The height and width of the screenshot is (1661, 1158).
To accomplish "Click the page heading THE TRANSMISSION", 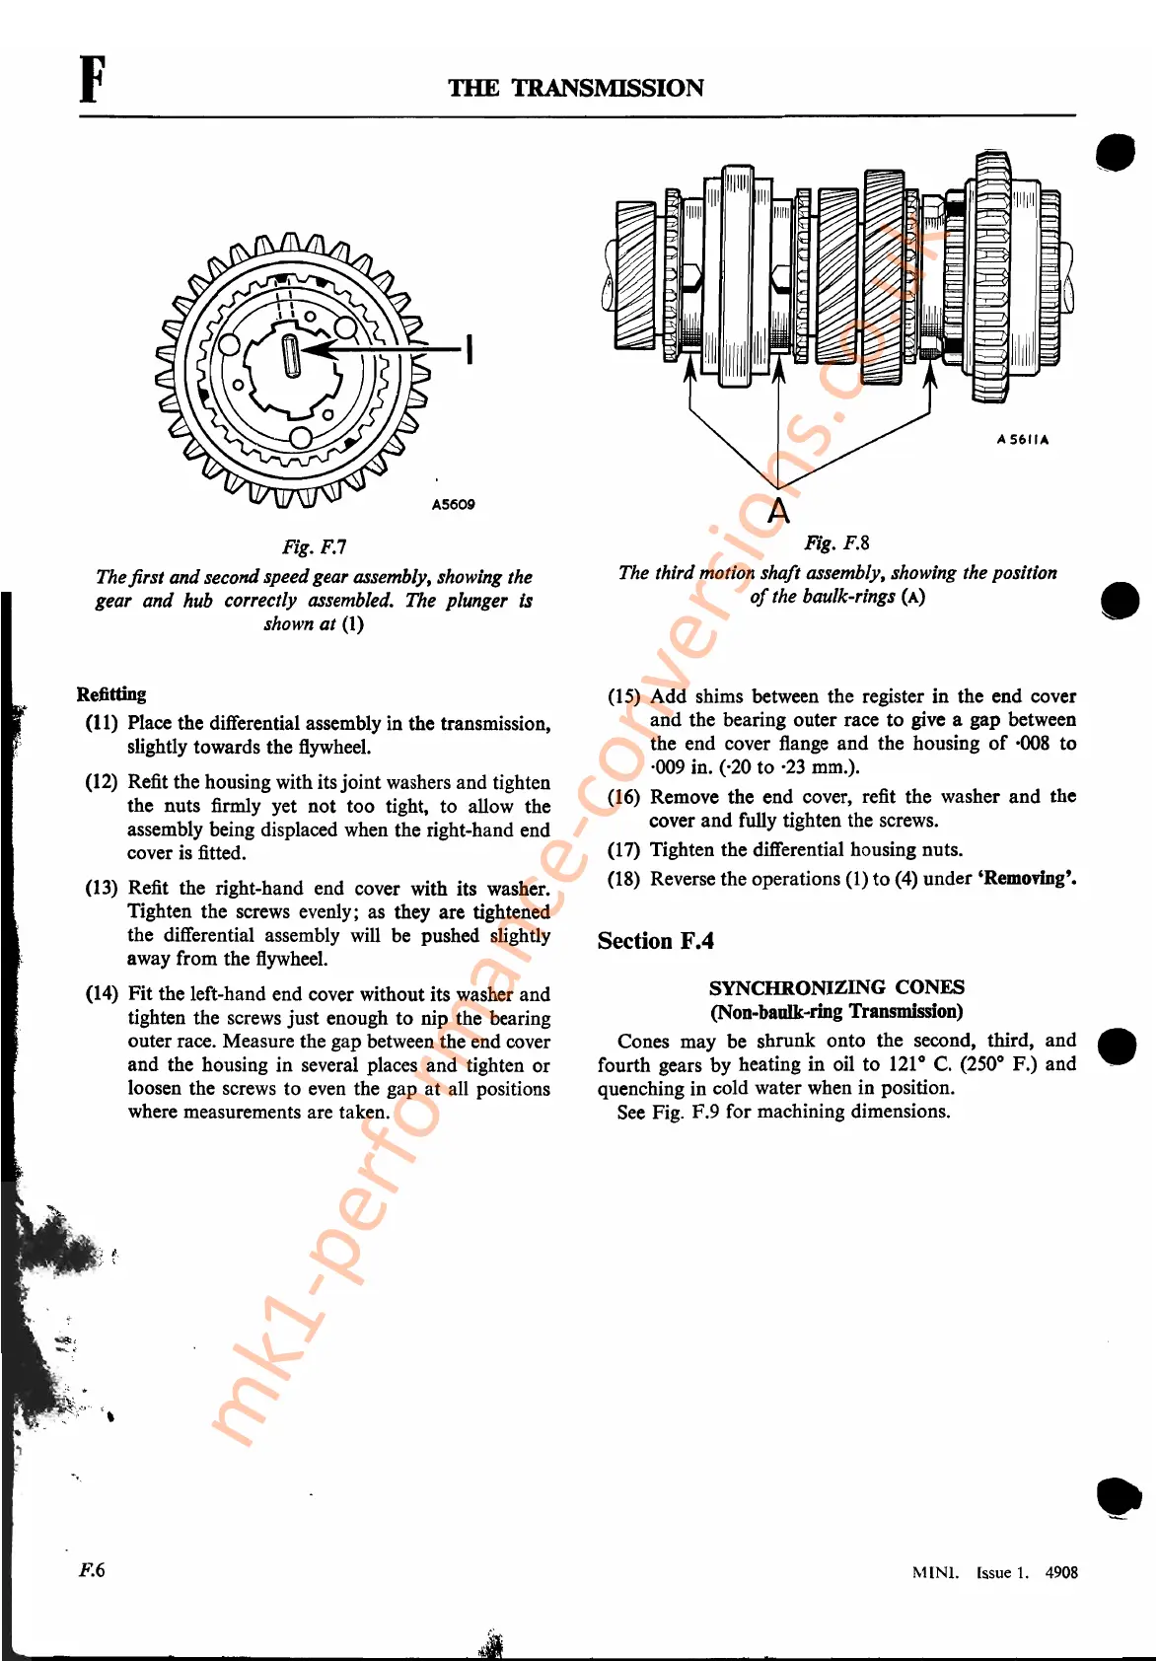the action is [x=576, y=88].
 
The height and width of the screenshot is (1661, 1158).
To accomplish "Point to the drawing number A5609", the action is [x=453, y=504].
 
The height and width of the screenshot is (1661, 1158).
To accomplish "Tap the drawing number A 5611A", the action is [x=1022, y=440].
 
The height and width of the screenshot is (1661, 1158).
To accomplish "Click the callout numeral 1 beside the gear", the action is [x=470, y=349].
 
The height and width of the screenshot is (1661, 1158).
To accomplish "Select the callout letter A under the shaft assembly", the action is [x=779, y=511].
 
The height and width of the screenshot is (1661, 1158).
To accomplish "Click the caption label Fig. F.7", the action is [x=314, y=546].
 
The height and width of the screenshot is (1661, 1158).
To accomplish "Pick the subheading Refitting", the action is [x=111, y=693].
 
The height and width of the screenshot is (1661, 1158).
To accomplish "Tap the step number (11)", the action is [x=102, y=723].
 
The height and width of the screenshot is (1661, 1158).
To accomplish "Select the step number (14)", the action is [x=102, y=994].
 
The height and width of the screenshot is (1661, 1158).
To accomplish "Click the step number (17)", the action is [x=623, y=849].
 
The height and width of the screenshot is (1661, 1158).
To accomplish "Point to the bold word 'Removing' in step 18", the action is [x=1027, y=878].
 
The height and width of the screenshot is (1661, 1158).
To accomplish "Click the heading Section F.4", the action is [x=655, y=941].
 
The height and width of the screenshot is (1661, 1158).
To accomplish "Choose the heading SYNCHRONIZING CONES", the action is [x=836, y=987].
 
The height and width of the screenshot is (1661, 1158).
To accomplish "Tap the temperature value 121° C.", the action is [x=919, y=1064].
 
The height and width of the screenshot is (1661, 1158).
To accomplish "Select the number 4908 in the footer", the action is [x=1061, y=1572].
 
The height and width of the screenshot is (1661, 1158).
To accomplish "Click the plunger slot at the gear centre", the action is [x=292, y=355].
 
